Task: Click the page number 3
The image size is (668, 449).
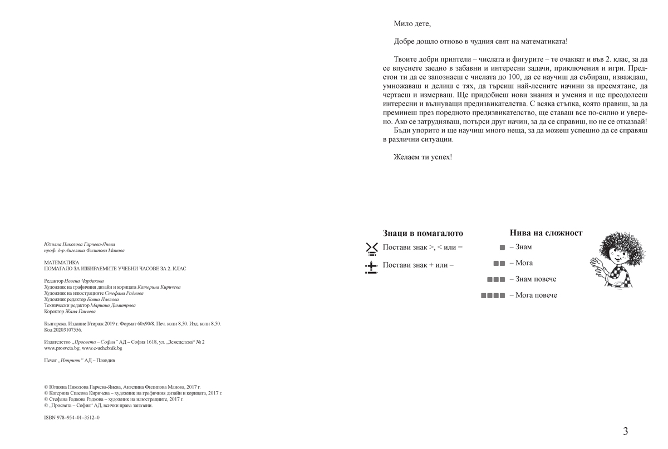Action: pos(626,431)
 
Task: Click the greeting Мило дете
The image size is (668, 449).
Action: pos(412,24)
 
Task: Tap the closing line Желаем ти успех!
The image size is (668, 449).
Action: pos(423,157)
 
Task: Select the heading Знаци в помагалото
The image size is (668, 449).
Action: pos(423,234)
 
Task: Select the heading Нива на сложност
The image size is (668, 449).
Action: pos(546,233)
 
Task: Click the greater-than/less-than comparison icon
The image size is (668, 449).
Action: pos(372,248)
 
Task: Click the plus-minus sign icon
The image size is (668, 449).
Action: pos(371,267)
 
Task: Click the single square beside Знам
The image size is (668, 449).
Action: pos(502,248)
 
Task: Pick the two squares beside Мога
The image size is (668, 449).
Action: pos(499,263)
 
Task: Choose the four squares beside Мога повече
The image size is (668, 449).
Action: pos(493,295)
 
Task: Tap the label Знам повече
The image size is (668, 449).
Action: pos(536,279)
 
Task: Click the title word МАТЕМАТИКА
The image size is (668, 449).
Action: pos(61,262)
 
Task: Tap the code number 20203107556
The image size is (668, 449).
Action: pos(67,329)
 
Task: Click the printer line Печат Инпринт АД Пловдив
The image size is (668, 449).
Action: pos(80,361)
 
